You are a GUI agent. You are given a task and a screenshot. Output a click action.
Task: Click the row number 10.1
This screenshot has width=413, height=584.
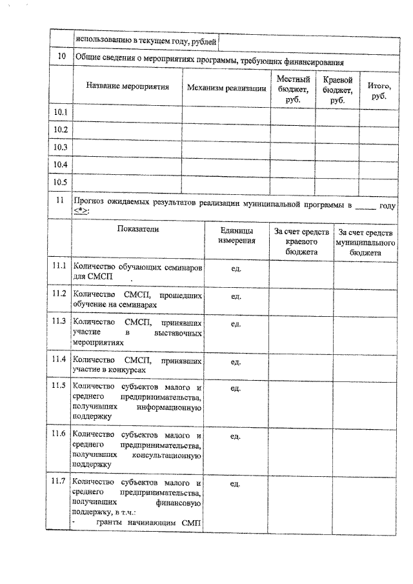[61, 113]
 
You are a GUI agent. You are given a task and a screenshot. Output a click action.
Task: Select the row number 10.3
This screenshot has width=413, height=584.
[61, 147]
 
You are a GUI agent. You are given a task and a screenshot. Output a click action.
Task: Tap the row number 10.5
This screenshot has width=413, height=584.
[61, 182]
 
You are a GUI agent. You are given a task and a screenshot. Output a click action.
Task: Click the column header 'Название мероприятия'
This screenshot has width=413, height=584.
[128, 86]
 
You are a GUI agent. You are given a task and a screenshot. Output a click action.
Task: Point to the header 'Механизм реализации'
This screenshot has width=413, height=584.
[227, 86]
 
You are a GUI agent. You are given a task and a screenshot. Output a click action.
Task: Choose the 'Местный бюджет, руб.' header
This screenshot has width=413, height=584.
[293, 90]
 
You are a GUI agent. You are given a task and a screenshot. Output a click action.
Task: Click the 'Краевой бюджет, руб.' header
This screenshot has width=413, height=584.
[337, 90]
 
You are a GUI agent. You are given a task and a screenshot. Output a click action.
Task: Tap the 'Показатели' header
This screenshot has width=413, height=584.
[137, 228]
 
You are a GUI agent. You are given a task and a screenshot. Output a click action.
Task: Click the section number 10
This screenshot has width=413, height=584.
[61, 56]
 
